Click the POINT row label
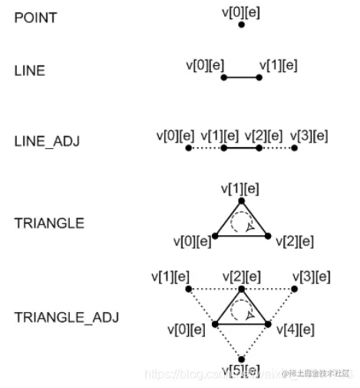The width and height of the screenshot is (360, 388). click(x=35, y=18)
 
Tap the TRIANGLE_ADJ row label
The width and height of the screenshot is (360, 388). click(x=66, y=316)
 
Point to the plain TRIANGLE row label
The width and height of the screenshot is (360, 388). click(x=48, y=223)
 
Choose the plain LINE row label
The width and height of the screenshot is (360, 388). click(x=30, y=71)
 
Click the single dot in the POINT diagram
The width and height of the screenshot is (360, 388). click(x=242, y=25)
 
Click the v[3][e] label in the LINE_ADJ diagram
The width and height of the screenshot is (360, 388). click(x=309, y=136)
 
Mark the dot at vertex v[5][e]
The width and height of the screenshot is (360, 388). click(x=242, y=359)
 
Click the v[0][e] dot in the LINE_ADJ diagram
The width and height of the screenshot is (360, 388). click(x=188, y=148)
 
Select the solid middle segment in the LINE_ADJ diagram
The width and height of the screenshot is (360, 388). click(x=241, y=148)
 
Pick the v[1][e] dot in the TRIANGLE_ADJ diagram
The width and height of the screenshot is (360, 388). click(x=189, y=289)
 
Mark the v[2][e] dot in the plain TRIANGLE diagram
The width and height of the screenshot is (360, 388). click(x=269, y=236)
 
